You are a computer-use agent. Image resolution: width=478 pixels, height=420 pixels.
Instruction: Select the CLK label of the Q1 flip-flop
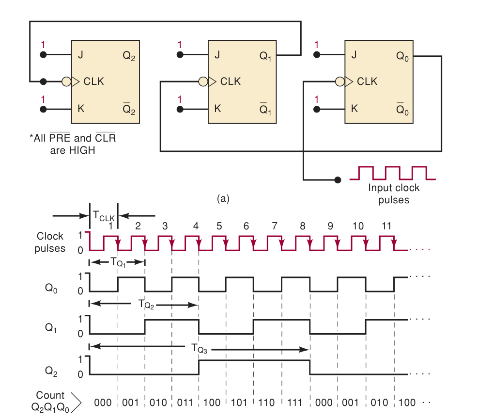click(230, 82)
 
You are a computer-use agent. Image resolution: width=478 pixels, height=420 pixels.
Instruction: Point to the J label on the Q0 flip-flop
click(354, 55)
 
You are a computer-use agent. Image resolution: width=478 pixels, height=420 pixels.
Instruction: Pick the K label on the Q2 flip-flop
click(81, 109)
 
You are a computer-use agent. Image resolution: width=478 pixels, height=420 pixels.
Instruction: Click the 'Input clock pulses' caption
click(394, 194)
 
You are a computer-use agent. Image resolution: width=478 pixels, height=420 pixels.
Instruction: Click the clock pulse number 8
click(303, 226)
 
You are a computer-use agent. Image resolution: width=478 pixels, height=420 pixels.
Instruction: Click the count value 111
click(295, 402)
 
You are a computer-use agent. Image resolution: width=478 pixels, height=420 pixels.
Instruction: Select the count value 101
click(240, 402)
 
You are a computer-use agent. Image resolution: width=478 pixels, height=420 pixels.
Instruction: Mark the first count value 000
click(103, 402)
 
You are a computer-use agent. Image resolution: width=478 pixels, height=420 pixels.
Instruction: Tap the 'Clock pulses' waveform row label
click(50, 242)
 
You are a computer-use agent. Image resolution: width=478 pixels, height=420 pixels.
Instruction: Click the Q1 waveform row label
click(51, 328)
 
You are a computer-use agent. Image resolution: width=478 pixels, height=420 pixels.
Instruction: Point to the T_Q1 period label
click(119, 262)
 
